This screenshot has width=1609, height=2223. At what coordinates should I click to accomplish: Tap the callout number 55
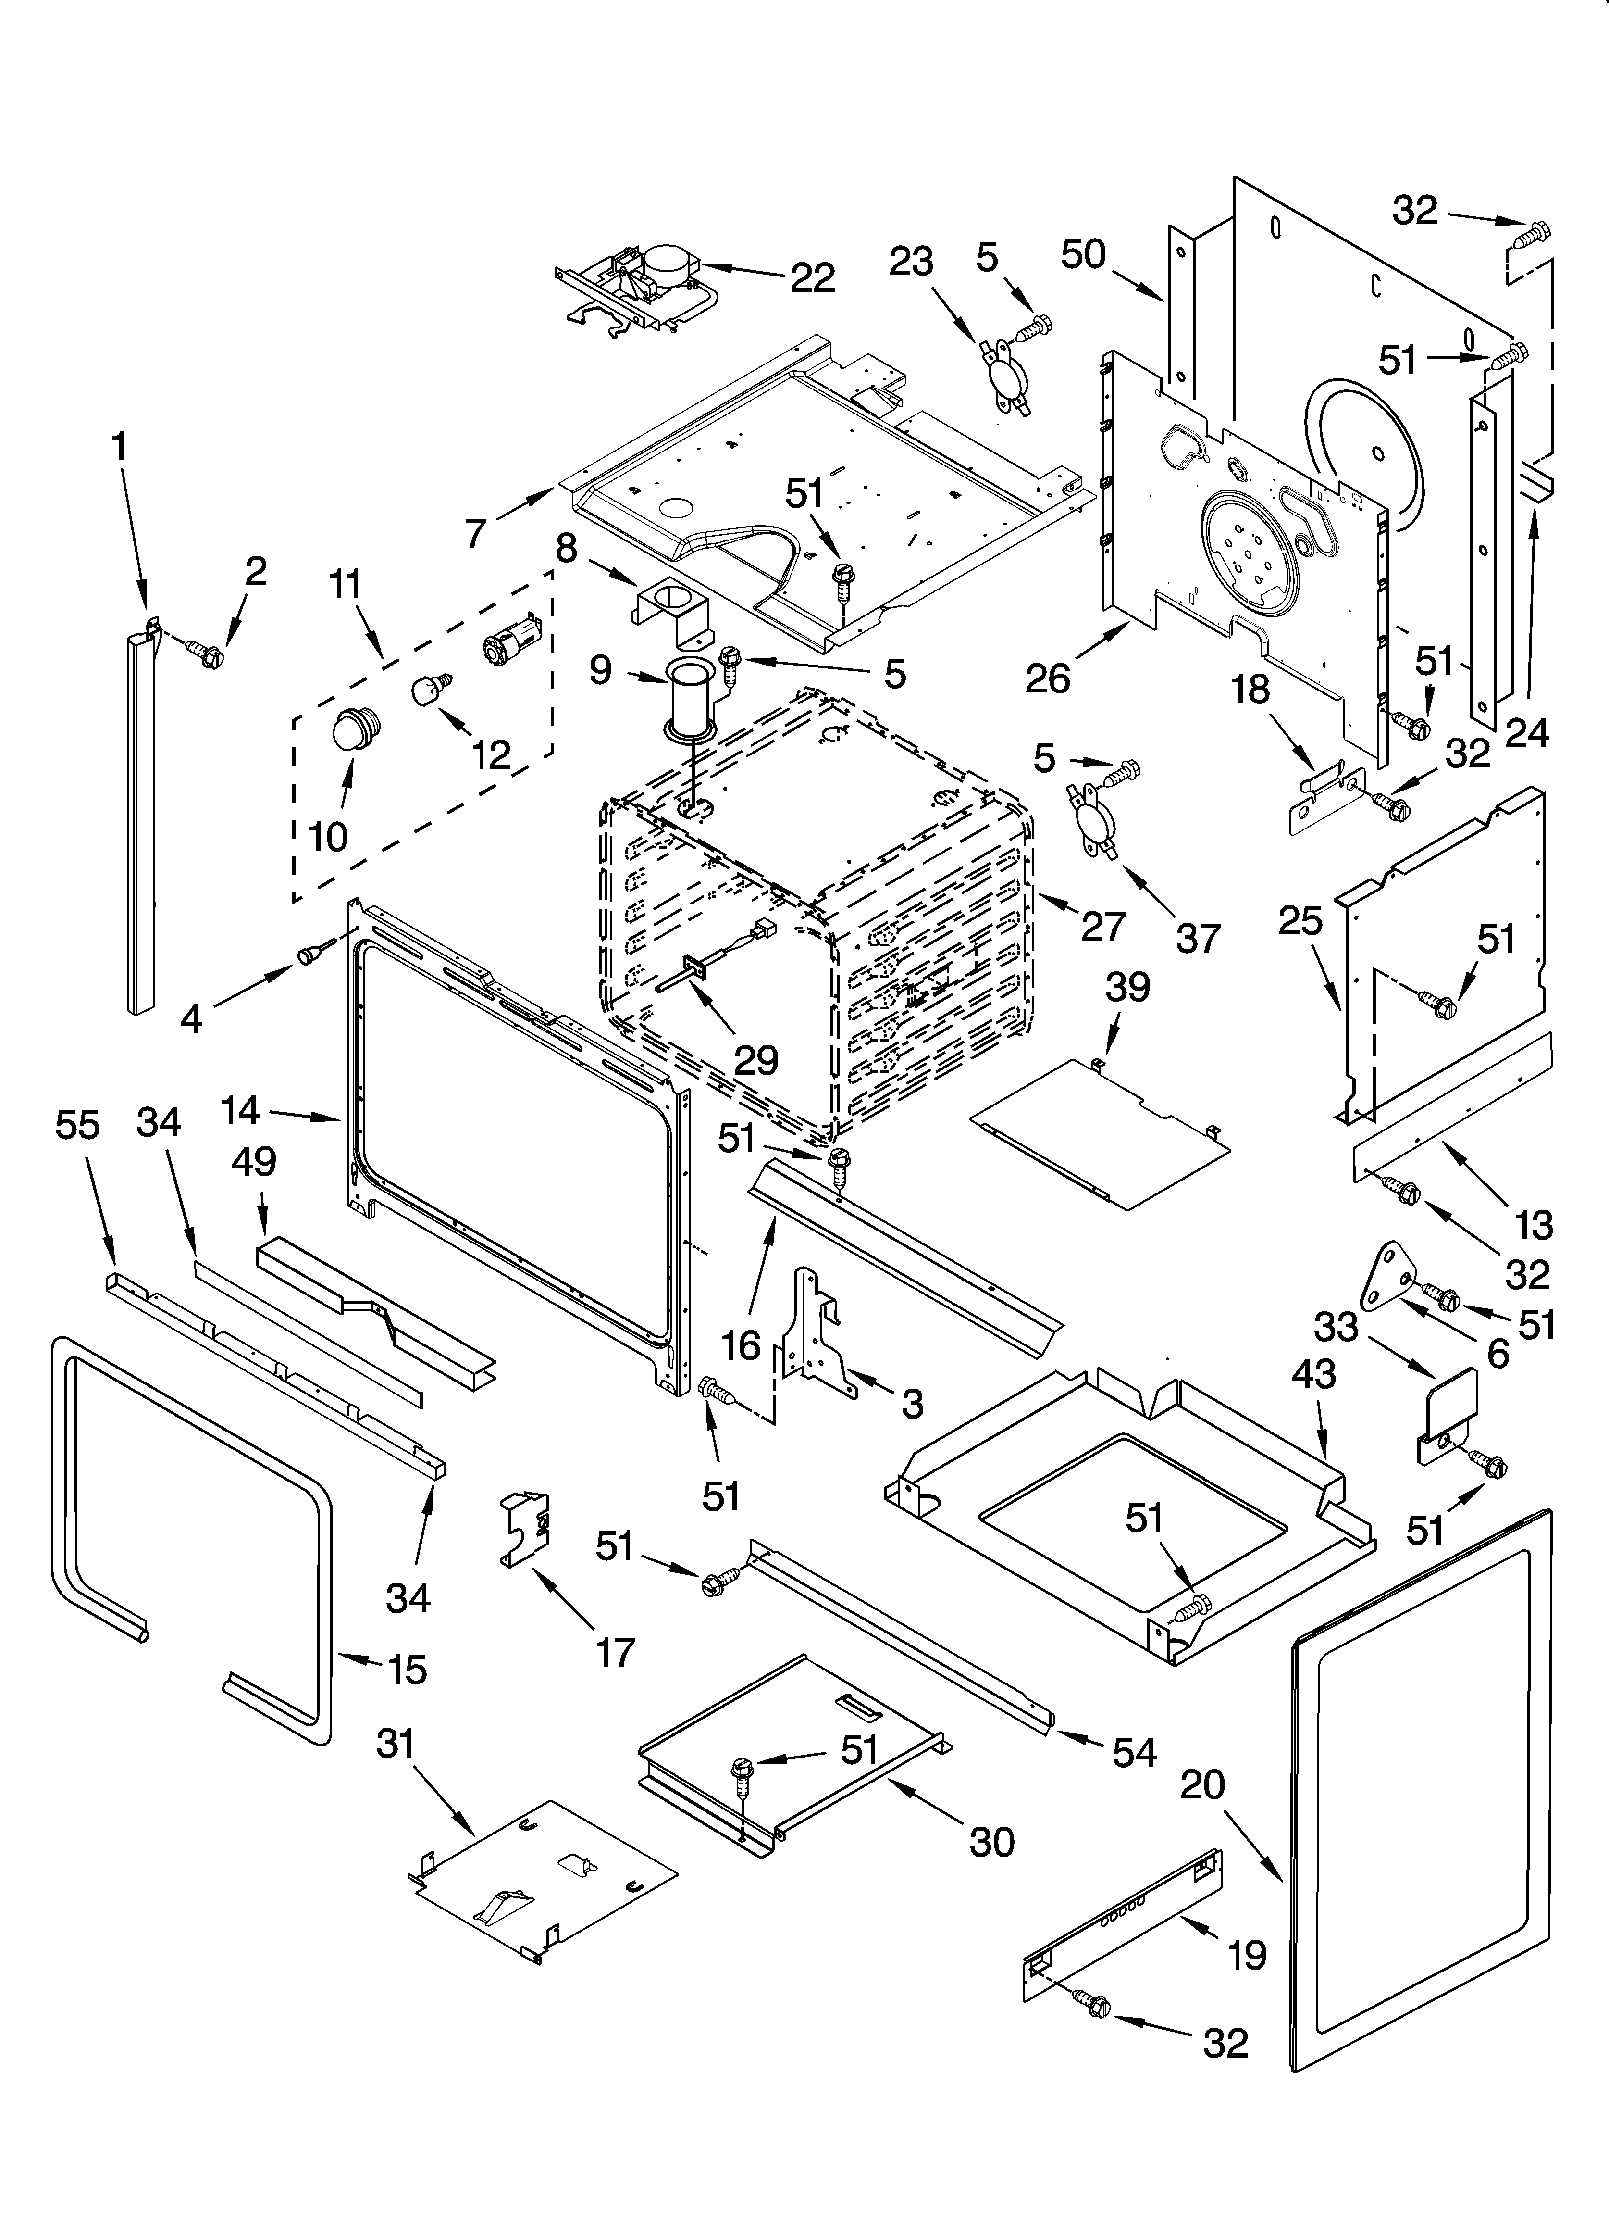77,1125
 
